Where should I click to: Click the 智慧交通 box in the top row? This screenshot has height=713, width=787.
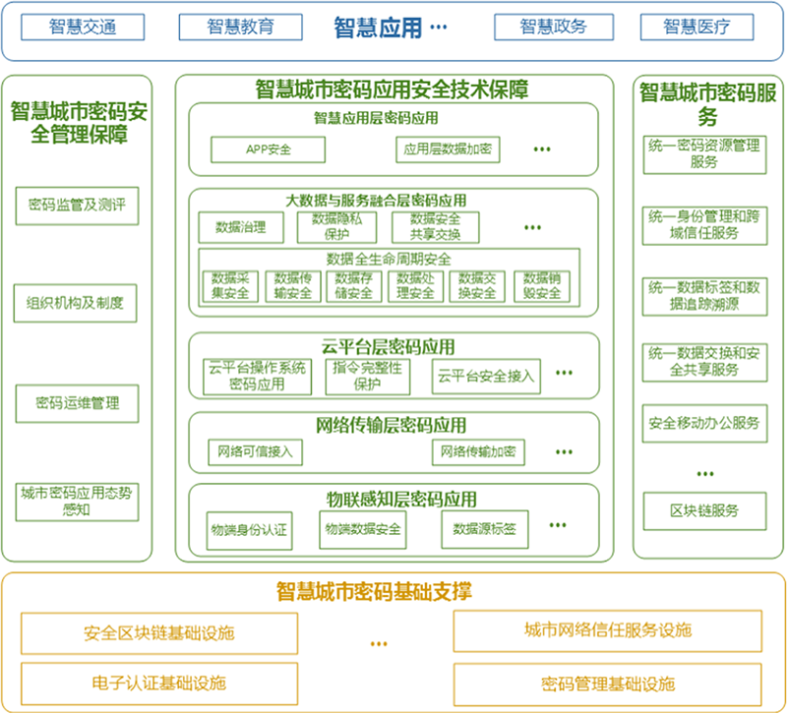click(83, 27)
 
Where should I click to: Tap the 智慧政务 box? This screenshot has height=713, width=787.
click(553, 27)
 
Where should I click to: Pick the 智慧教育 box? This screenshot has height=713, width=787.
click(239, 27)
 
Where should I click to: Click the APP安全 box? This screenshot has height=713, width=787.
click(268, 149)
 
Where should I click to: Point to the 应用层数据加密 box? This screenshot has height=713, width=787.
click(447, 149)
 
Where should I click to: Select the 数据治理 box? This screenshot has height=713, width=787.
click(240, 226)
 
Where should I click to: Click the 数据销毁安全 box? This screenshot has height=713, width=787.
click(542, 285)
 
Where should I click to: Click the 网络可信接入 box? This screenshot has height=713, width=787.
click(256, 451)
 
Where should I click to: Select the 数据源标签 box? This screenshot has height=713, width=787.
click(484, 529)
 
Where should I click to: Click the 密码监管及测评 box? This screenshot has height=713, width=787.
click(77, 207)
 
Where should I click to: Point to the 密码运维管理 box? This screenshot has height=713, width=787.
click(77, 402)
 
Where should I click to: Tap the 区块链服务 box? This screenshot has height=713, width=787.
click(703, 510)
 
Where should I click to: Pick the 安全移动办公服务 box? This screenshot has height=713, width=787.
click(703, 424)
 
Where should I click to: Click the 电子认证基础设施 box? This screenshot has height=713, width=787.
click(159, 682)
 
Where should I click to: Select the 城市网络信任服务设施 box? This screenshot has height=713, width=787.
click(608, 629)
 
